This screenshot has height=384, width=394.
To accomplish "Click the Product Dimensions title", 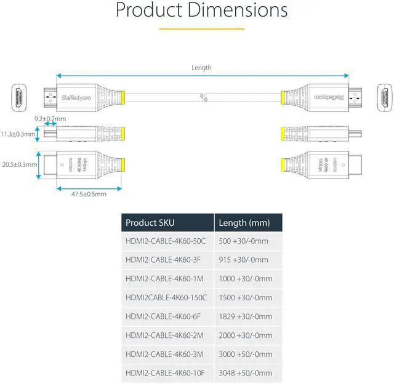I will click(x=201, y=10).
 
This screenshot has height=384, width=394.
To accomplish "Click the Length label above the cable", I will click(x=201, y=68).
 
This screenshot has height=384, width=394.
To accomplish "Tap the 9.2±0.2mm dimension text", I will click(x=50, y=118).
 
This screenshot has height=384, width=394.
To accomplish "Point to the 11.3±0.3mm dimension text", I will click(x=17, y=134).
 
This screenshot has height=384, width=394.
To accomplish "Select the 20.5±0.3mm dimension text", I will click(x=17, y=164).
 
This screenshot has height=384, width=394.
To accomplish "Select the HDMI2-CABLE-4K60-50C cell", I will click(x=166, y=241).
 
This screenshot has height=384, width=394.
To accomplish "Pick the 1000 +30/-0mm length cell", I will click(x=245, y=279).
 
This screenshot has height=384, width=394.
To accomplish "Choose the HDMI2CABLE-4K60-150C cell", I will click(x=166, y=297).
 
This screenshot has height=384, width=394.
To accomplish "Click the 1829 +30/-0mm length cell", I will click(x=245, y=316).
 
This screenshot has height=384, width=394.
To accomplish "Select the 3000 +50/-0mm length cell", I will click(x=245, y=354).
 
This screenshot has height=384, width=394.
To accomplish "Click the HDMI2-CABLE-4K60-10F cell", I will click(x=164, y=373).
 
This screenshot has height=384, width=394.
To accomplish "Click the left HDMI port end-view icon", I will click(x=20, y=97).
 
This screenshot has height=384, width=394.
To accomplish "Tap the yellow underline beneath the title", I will click(x=201, y=28).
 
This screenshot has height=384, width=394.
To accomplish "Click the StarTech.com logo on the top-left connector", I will click(x=76, y=97).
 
